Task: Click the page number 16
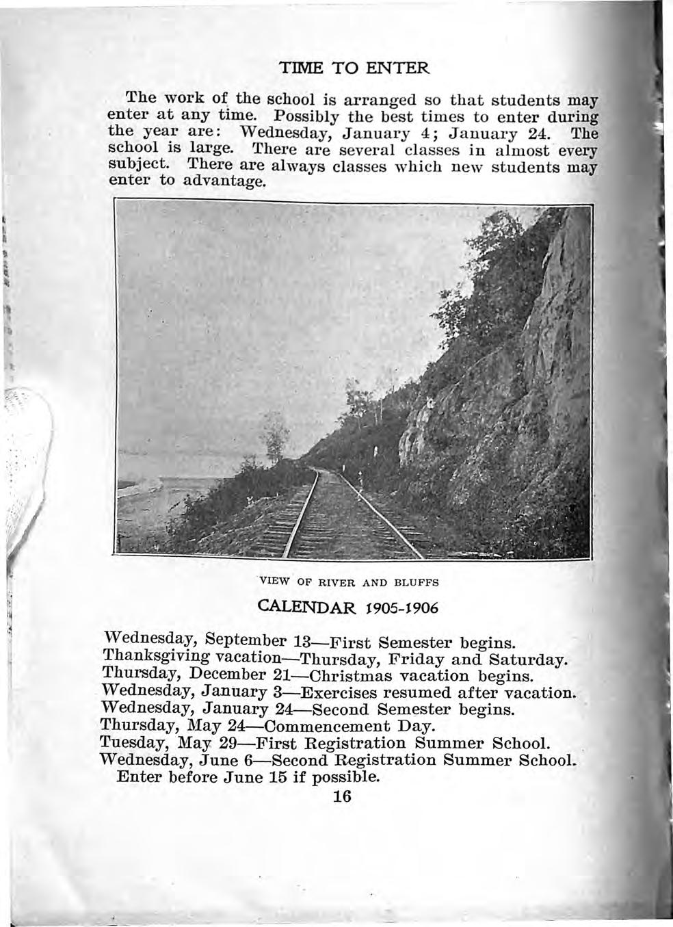(340, 796)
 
